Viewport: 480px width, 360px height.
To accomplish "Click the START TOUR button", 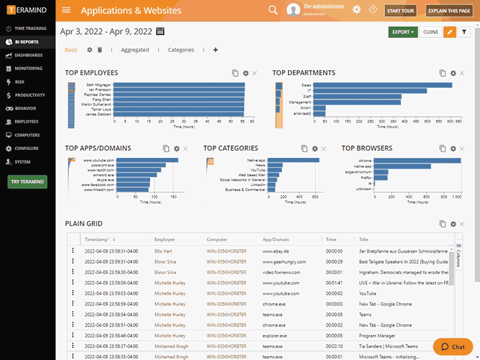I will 401,11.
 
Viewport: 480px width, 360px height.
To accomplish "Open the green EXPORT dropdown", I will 403,32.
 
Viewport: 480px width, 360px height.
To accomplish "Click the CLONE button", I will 431,32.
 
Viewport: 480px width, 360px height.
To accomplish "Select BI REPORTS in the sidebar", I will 26,42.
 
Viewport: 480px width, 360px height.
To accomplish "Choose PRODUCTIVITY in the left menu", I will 30,95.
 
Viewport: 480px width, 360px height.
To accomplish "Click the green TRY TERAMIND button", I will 27,181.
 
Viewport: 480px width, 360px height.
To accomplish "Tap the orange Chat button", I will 453,347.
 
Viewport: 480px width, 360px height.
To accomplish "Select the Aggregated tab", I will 135,50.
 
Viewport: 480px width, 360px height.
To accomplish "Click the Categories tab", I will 181,50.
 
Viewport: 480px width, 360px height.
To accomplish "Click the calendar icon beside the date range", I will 160,31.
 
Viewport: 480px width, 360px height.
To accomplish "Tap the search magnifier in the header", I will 273,10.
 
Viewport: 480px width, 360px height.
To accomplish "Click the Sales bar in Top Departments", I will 382,85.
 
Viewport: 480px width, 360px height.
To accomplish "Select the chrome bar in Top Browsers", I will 416,161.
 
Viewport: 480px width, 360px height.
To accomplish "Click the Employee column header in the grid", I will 165,239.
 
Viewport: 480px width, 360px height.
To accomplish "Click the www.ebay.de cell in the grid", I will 275,251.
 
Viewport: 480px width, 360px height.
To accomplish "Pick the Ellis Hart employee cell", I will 163,251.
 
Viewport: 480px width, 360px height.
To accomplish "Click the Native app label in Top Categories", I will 256,161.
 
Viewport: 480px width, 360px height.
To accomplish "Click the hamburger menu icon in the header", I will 66,10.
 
